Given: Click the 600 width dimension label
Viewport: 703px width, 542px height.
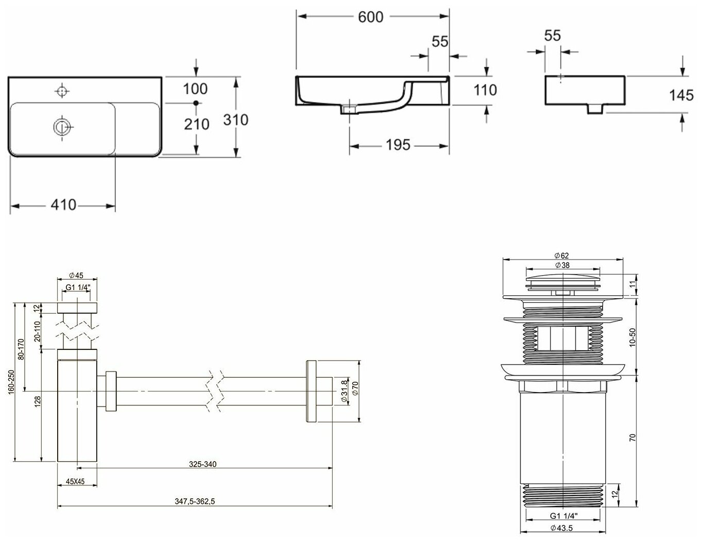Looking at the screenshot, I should (x=371, y=17).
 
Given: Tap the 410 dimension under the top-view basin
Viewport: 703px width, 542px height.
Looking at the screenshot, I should (x=63, y=205).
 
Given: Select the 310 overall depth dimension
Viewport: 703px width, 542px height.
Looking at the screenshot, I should (x=236, y=120).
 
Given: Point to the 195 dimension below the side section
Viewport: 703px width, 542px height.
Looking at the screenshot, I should (x=399, y=145).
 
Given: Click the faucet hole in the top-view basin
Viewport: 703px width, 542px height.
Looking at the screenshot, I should (x=62, y=91).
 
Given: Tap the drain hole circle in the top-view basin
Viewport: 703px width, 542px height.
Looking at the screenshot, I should (x=62, y=126).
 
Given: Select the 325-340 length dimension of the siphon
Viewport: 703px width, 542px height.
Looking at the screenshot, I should (x=202, y=464).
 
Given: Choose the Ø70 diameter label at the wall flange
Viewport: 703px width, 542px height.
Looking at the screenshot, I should (x=354, y=391).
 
